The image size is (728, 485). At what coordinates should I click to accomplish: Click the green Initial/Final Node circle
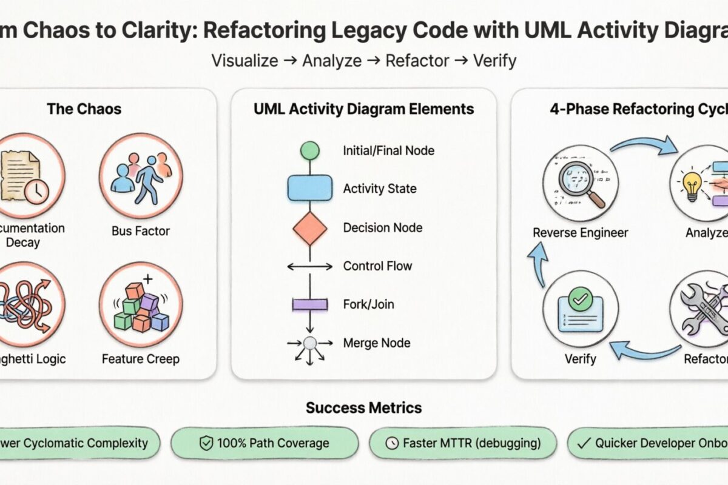(310, 150)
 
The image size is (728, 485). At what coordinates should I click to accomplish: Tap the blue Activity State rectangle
(309, 188)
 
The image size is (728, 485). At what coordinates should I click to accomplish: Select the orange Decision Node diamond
(310, 228)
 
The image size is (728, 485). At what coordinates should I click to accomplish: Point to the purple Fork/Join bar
(310, 304)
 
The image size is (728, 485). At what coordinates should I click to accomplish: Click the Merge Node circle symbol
(310, 343)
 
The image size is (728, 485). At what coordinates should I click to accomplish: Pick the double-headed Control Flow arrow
(309, 266)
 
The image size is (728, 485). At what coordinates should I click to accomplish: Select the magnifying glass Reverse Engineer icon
(581, 181)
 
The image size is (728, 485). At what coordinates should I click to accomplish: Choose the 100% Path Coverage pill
(265, 443)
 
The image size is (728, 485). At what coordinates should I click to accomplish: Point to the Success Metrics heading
(363, 407)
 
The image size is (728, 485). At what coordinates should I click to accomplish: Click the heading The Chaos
(84, 109)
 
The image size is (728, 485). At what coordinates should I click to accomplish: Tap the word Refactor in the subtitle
(417, 61)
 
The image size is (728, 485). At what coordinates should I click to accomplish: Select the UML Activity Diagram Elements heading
(363, 109)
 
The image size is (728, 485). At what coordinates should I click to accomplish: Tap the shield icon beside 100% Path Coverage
(206, 444)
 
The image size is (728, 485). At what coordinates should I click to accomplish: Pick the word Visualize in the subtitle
(244, 61)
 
